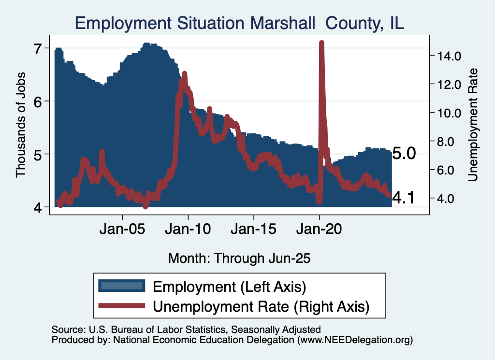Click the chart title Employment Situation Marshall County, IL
click(x=239, y=23)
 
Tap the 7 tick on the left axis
click(x=38, y=48)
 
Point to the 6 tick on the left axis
click(x=38, y=101)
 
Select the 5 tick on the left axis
click(x=38, y=154)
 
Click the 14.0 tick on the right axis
click(x=450, y=56)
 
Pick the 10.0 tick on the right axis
click(x=450, y=113)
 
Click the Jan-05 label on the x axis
click(x=123, y=229)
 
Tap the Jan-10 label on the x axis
click(x=188, y=229)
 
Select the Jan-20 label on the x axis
click(x=319, y=229)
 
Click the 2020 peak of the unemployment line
click(x=321, y=43)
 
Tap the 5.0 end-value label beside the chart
click(x=404, y=154)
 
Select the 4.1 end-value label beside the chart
click(x=404, y=198)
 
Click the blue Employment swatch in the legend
click(x=121, y=286)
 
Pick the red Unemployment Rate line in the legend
click(x=121, y=306)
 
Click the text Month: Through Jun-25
click(x=239, y=258)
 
